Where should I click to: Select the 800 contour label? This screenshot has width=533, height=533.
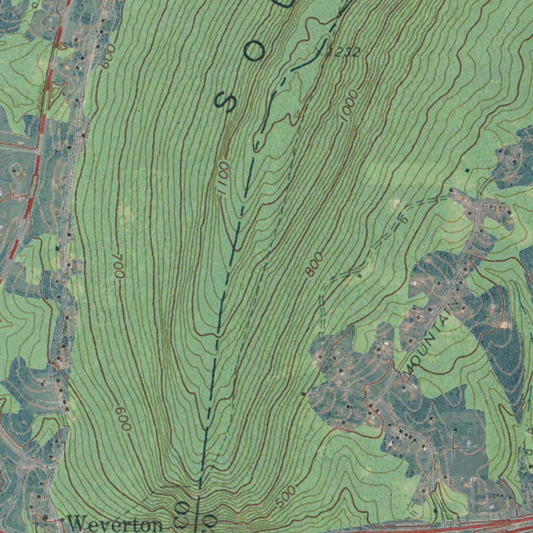(314, 264)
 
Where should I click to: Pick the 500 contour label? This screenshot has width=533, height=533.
(286, 497)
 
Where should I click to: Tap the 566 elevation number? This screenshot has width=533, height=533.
(493, 207)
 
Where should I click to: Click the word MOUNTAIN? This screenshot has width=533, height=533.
(432, 338)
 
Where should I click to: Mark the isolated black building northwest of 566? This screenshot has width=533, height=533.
(467, 170)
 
